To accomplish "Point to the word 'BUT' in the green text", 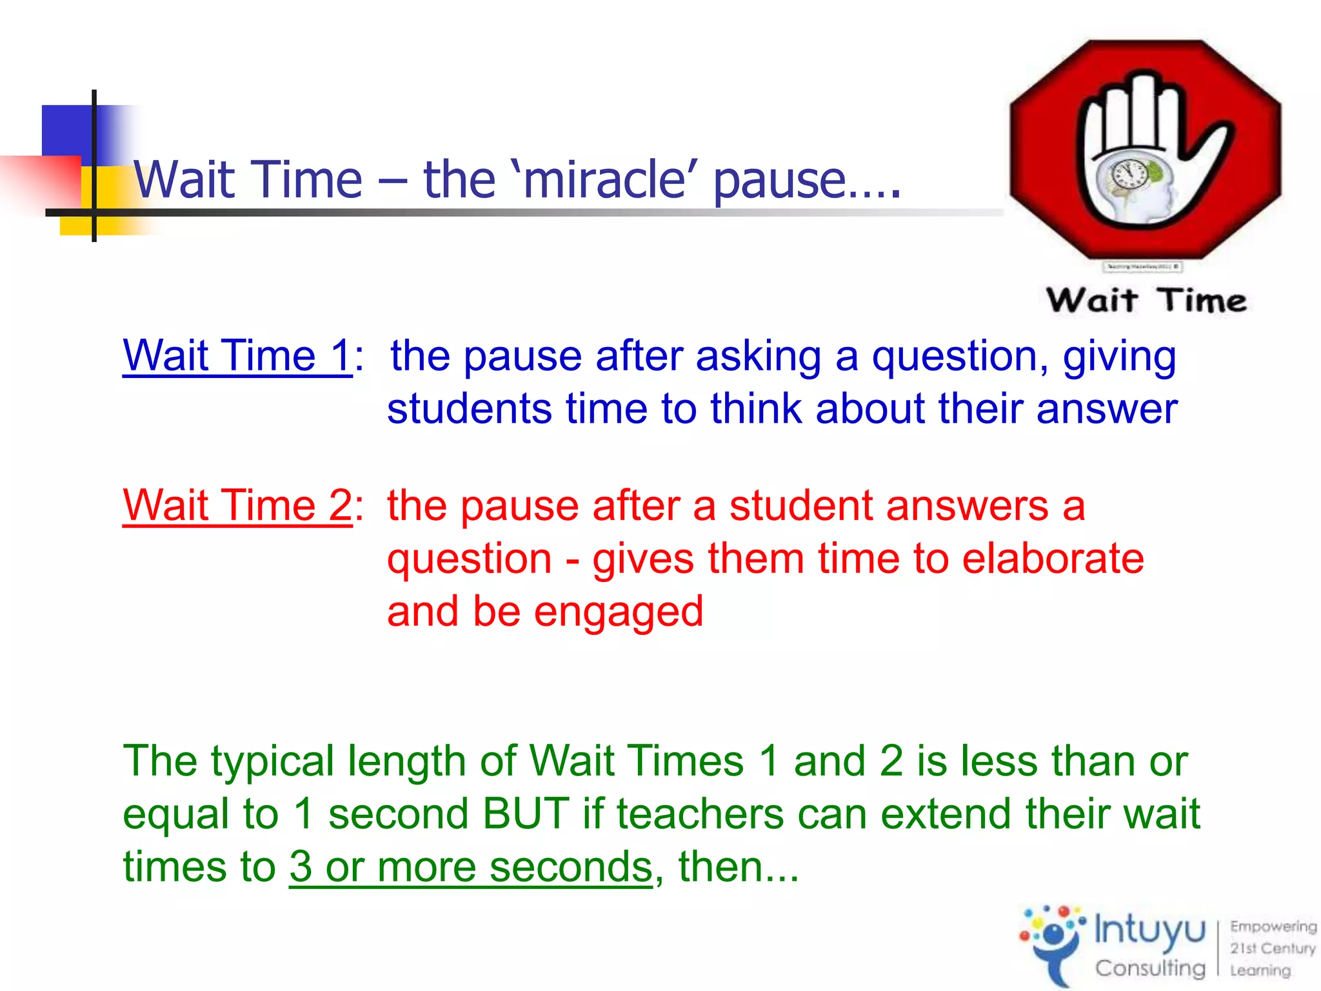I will tap(526, 814).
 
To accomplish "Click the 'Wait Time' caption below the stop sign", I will tap(1146, 301).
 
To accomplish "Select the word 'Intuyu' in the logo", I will tap(1149, 930).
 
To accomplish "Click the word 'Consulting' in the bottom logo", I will tap(1149, 967).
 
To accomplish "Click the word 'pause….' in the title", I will tap(806, 181).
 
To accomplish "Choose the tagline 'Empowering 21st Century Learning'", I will tap(1272, 948).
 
